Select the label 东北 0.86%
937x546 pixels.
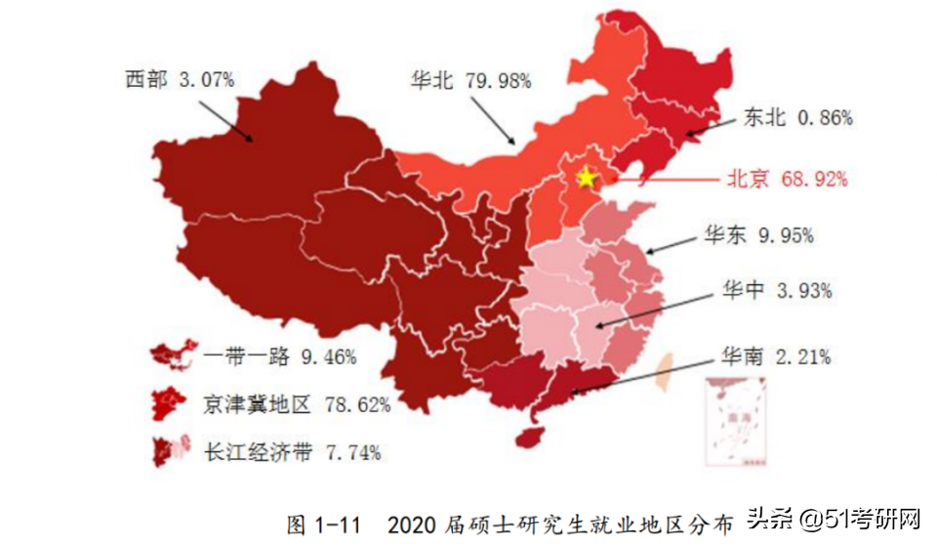[797, 118]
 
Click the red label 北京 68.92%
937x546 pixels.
[786, 179]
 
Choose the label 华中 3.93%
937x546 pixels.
[776, 290]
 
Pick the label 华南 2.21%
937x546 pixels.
[776, 357]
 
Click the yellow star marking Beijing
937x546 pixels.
[586, 178]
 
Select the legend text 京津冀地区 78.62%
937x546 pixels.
[297, 403]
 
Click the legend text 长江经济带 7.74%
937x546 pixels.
[292, 451]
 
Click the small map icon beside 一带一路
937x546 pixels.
[170, 356]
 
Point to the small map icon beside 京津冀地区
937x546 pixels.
[170, 402]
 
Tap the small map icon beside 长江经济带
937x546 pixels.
[170, 450]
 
